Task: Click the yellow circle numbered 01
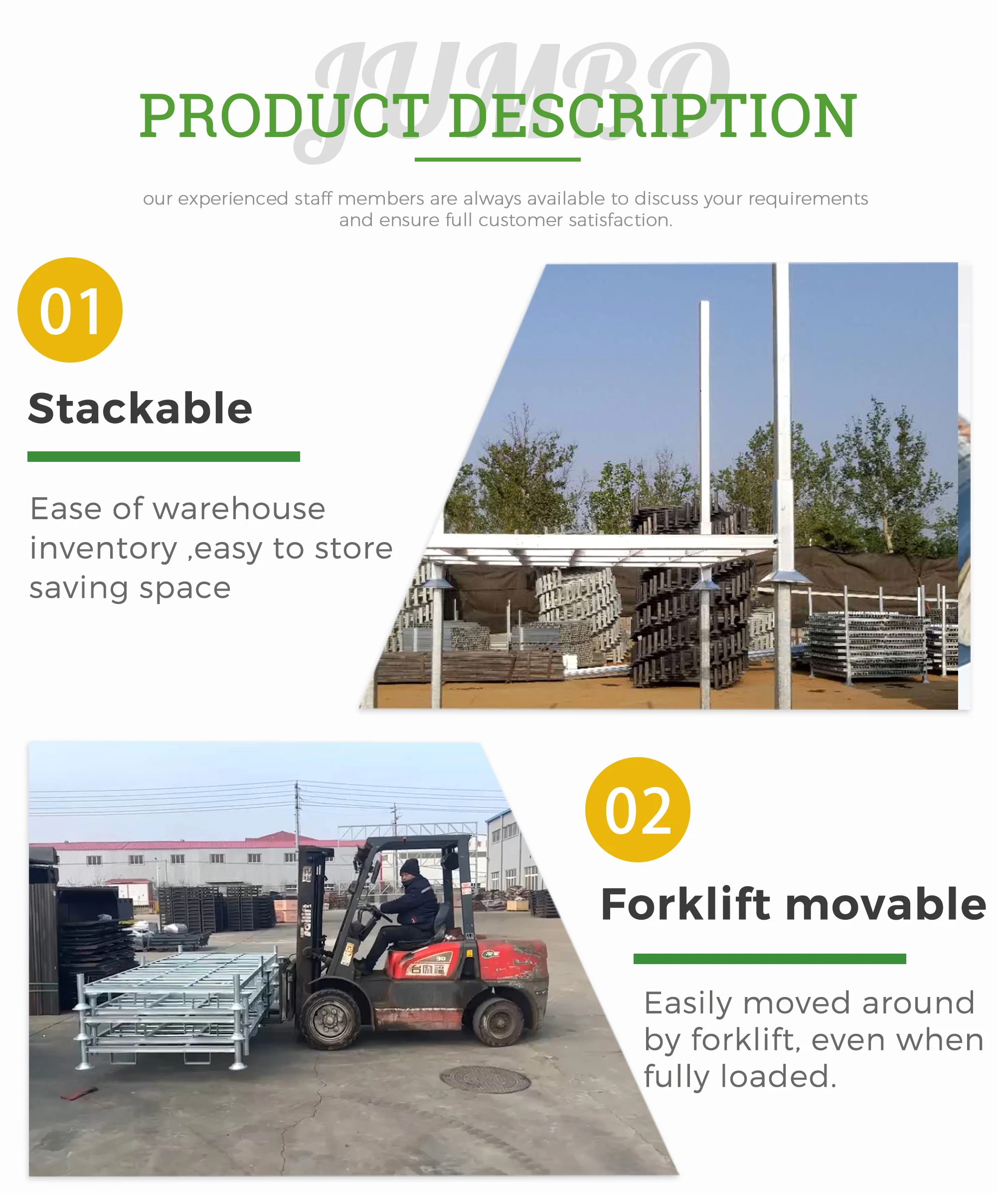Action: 70,310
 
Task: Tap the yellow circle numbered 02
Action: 638,809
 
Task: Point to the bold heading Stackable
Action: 140,408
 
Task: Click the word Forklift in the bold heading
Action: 686,904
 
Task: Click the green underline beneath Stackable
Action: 164,457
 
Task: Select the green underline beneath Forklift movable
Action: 769,959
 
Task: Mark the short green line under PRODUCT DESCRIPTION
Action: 498,160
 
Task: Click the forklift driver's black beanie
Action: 409,867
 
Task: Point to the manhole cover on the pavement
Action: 486,1079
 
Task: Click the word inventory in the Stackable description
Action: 103,549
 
